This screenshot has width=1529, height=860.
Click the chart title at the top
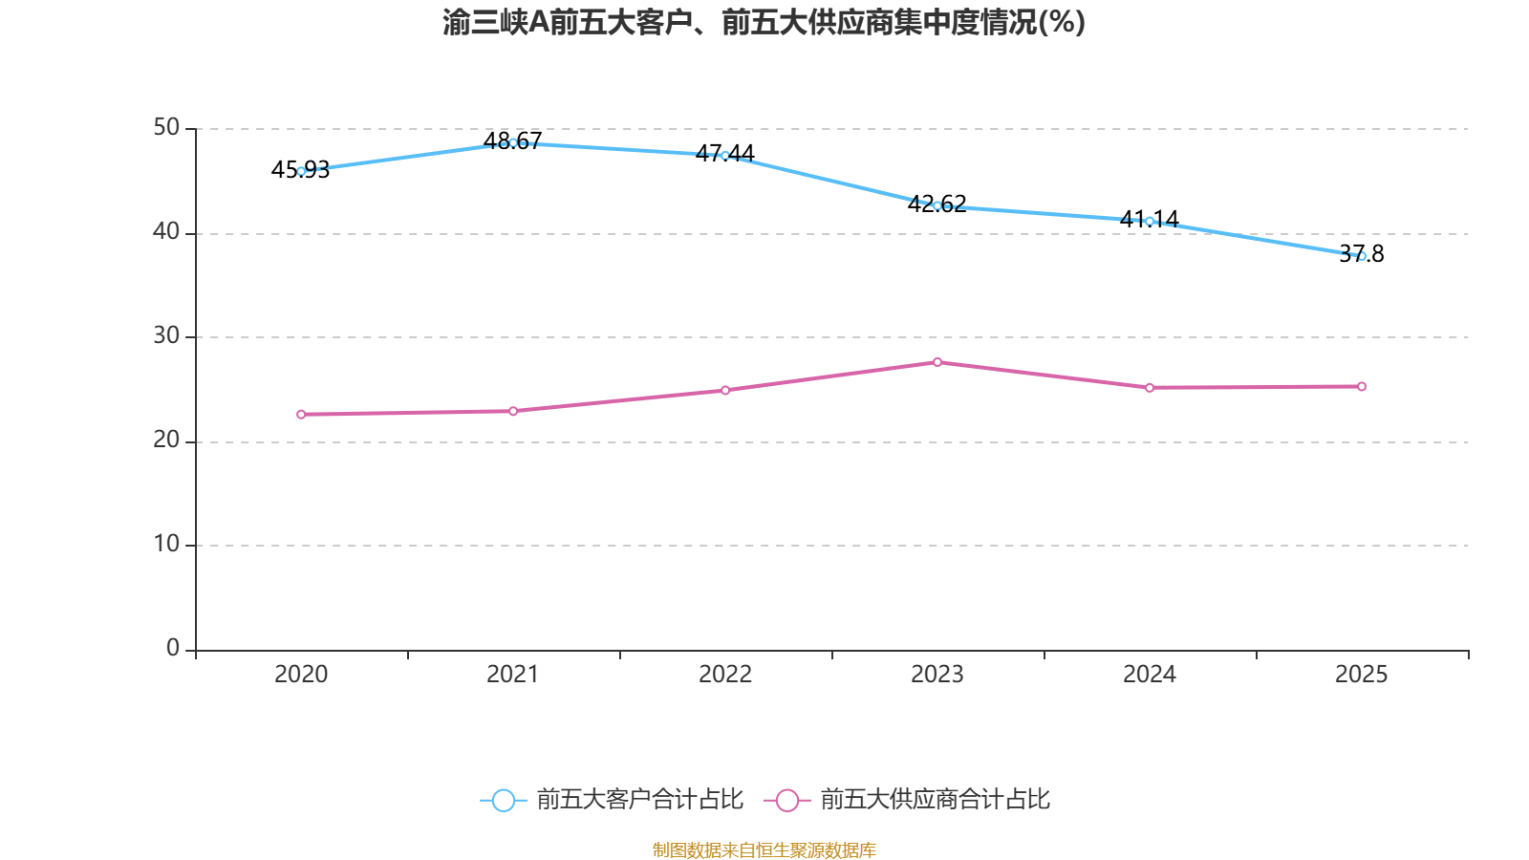[764, 22]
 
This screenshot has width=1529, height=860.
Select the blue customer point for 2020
[301, 171]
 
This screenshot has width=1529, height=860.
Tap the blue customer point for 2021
[513, 142]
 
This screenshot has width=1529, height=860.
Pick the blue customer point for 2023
[937, 205]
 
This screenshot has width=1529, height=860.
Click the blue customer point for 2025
[1362, 256]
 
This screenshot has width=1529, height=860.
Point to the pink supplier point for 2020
[301, 414]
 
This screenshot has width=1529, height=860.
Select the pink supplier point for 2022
[725, 390]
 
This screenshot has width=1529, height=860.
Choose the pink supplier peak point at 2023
[937, 362]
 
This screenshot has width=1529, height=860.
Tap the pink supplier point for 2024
[1150, 387]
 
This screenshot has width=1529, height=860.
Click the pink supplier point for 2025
[1362, 386]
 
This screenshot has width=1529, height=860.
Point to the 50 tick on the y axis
[166, 127]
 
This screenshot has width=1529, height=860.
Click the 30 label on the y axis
[166, 335]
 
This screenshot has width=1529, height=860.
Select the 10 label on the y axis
[166, 544]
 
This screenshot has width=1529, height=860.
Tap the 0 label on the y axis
[173, 648]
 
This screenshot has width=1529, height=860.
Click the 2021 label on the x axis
[513, 675]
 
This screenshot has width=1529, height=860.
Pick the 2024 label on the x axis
[1150, 675]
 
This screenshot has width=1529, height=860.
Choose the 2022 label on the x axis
[725, 675]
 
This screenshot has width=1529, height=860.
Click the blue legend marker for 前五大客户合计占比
[504, 800]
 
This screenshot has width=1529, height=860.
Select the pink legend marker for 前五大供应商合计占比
[786, 800]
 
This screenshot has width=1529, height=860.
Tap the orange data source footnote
[764, 849]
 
